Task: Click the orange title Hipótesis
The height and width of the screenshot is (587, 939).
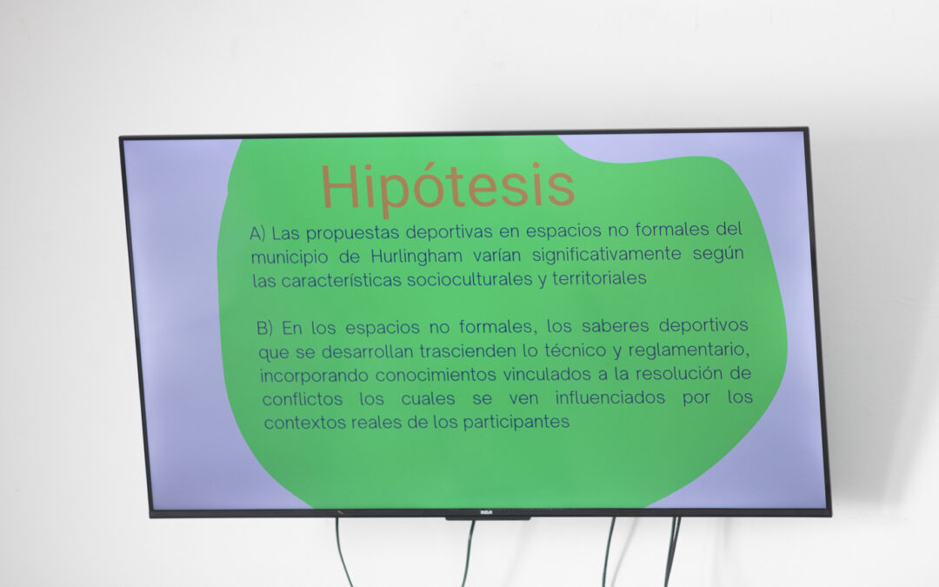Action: pyautogui.click(x=448, y=187)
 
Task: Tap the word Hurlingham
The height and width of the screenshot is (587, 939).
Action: pyautogui.click(x=416, y=256)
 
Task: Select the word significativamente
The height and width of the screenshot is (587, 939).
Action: pyautogui.click(x=607, y=255)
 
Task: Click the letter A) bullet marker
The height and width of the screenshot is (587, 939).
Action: pyautogui.click(x=257, y=233)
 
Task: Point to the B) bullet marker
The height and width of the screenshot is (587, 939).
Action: pyautogui.click(x=264, y=328)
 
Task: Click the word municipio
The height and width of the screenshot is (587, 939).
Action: pyautogui.click(x=290, y=257)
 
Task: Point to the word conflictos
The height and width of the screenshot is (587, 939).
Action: pyautogui.click(x=303, y=399)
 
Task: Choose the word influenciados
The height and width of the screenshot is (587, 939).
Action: pyautogui.click(x=609, y=397)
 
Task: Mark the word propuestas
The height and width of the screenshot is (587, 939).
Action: pyautogui.click(x=353, y=233)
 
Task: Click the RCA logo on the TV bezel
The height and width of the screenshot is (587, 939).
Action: pyautogui.click(x=486, y=513)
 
